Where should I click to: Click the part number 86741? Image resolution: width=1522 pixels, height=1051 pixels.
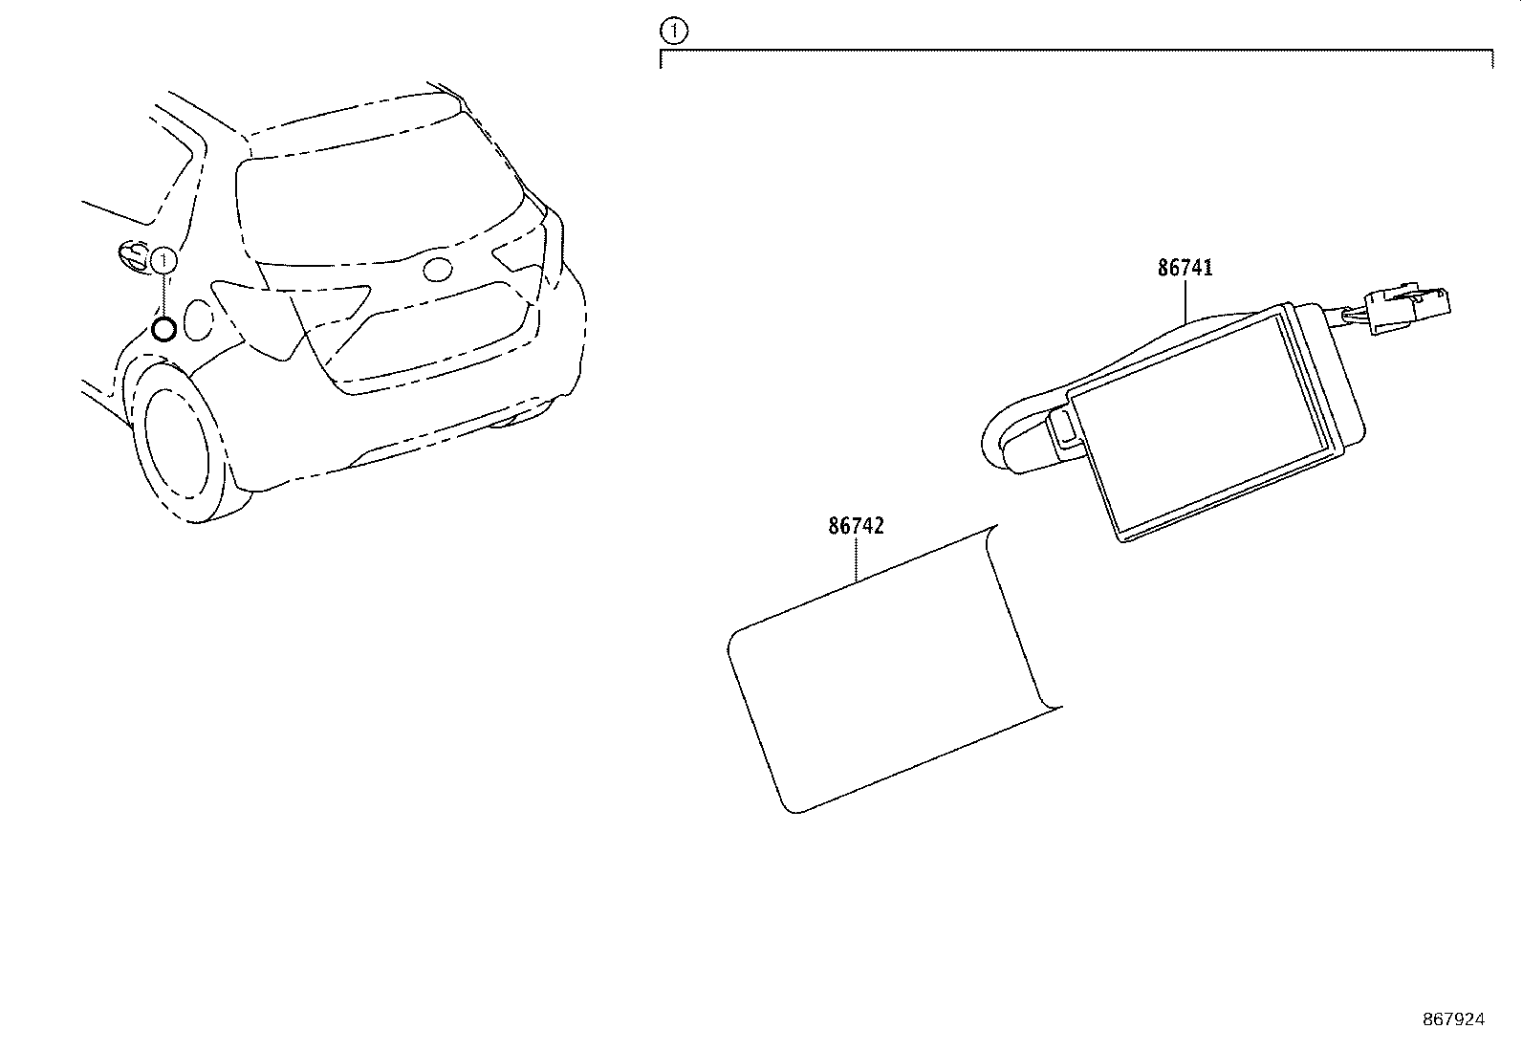click(x=1185, y=269)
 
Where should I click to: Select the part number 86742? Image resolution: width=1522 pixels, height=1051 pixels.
click(x=856, y=526)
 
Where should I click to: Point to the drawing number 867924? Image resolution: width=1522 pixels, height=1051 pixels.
click(x=1453, y=1020)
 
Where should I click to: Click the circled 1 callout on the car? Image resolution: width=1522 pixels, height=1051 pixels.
click(x=164, y=259)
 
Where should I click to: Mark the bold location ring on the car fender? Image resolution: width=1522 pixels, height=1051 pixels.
click(x=163, y=330)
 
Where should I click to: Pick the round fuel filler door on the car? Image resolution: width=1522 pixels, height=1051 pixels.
click(x=199, y=319)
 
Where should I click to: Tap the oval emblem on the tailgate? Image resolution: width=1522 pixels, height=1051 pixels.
click(x=439, y=270)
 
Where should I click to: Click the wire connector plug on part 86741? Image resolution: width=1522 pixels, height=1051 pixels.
click(x=1405, y=309)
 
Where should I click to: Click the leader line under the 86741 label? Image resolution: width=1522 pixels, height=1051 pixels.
click(x=1185, y=300)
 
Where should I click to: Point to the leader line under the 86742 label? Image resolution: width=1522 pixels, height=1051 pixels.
click(x=856, y=559)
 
